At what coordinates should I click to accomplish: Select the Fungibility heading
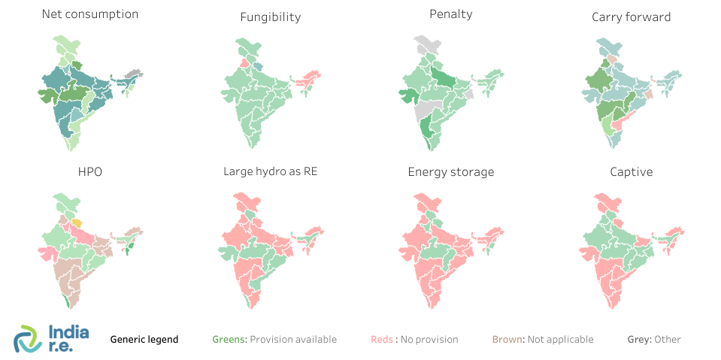pos(271,17)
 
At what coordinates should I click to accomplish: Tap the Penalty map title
pos(451,14)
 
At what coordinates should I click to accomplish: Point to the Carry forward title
pos(631,17)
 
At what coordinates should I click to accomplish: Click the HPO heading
pos(90,171)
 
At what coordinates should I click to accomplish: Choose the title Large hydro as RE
pos(270,171)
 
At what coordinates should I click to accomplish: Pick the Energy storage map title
pos(451,171)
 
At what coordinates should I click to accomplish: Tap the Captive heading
pos(632,171)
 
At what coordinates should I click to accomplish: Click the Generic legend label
pos(144,339)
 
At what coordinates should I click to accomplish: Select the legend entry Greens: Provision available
pos(274,339)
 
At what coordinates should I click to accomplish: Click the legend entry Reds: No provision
pos(414,339)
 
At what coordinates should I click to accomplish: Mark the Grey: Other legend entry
pos(654,339)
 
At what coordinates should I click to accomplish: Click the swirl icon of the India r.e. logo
pos(29,339)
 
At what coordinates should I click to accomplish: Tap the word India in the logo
pos(68,331)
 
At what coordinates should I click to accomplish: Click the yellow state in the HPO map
pos(77,223)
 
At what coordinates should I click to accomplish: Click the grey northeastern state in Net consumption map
pos(134,74)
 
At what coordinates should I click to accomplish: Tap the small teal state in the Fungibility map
pos(258,67)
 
